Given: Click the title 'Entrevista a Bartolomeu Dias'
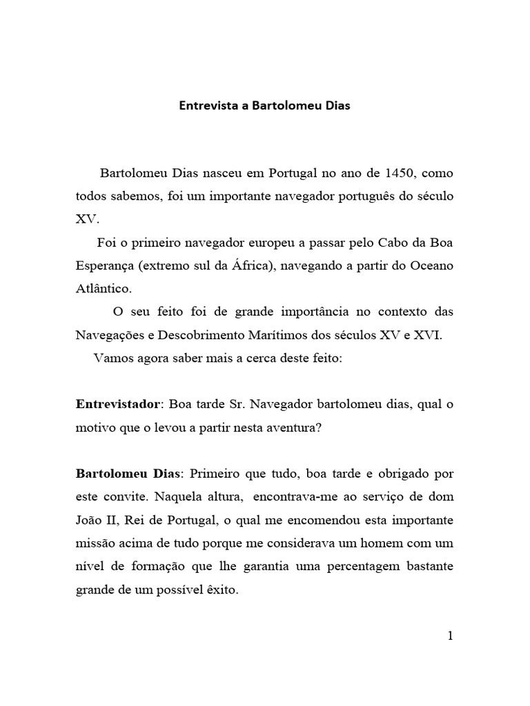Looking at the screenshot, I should pos(264,106).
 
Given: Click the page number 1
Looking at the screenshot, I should pos(450,636).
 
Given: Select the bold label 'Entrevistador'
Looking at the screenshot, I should pos(117,403).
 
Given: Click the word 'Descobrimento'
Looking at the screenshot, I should pos(201,335).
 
